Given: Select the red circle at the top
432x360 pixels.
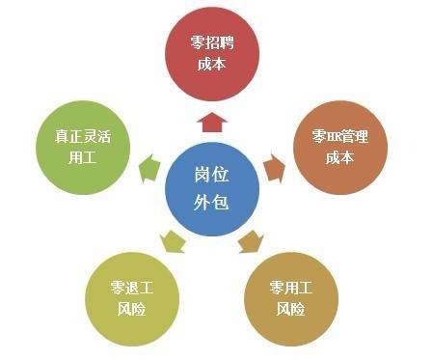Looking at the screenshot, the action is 212,52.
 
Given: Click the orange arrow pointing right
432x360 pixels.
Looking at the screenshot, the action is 275,166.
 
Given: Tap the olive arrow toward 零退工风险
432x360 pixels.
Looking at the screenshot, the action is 174,241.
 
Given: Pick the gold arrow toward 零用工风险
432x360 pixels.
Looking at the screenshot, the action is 251,241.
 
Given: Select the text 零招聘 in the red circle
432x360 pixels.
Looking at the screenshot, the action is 212,42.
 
